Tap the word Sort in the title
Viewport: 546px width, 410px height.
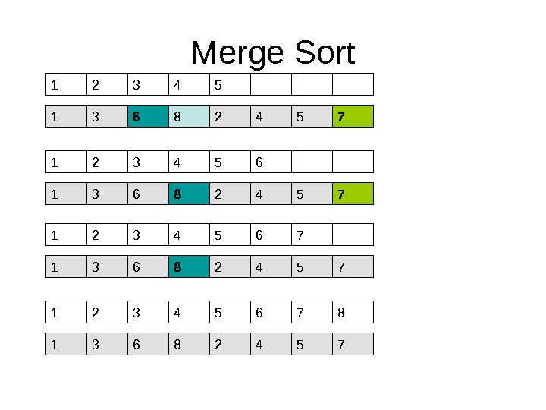(x=320, y=54)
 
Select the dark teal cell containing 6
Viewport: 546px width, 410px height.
(x=148, y=116)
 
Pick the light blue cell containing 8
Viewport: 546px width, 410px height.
(x=189, y=116)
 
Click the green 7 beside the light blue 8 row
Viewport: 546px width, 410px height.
(x=353, y=116)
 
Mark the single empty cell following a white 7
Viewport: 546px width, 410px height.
(x=353, y=235)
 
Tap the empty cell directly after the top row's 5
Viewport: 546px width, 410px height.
(x=271, y=84)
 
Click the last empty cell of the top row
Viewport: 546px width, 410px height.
(x=353, y=84)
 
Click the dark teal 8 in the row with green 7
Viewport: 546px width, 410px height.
(x=189, y=194)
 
